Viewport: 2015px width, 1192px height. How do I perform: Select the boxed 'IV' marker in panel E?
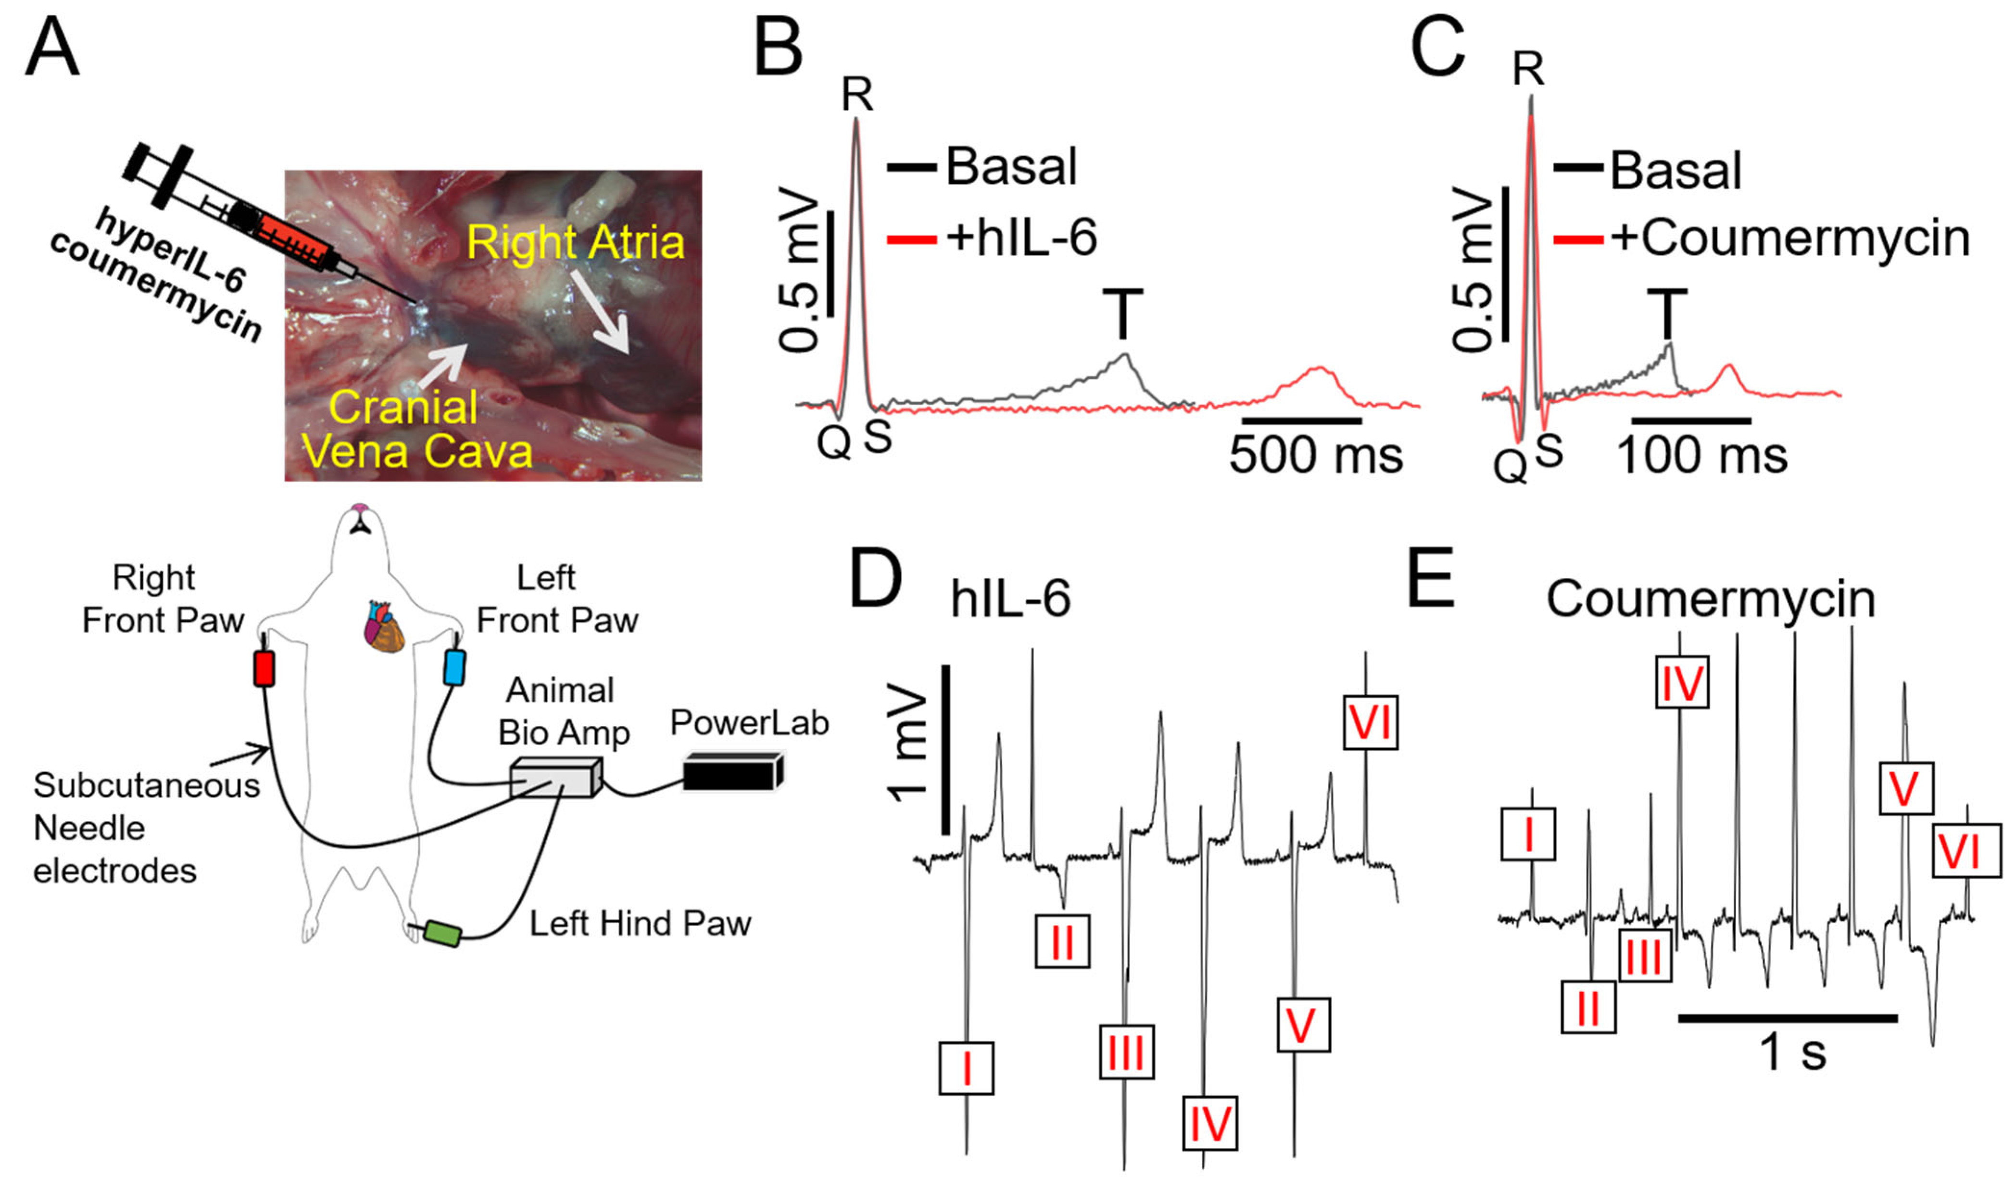(1682, 683)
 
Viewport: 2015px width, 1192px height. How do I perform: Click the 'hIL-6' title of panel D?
(1011, 599)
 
